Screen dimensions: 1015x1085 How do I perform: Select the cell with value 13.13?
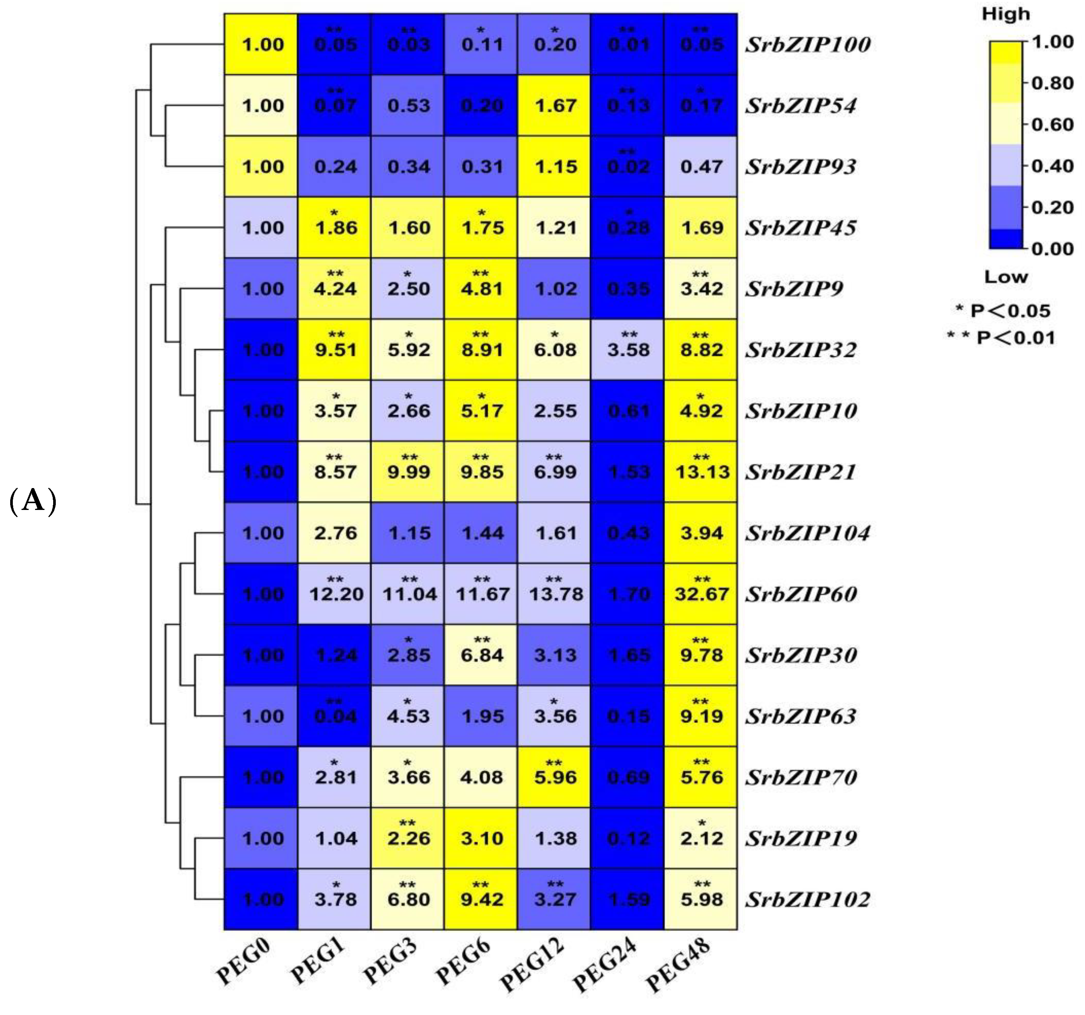[x=701, y=472]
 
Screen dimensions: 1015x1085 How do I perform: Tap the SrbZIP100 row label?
[x=808, y=45]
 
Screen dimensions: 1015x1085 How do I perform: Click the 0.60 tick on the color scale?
[x=1052, y=124]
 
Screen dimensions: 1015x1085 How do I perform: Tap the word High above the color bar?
[x=1005, y=14]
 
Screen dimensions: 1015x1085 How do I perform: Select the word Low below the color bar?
[x=1005, y=277]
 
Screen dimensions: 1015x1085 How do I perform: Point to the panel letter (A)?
[x=33, y=501]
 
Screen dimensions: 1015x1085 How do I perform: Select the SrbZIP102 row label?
[x=808, y=899]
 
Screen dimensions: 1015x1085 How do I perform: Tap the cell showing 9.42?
[x=481, y=899]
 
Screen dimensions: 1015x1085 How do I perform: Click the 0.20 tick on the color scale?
[x=1052, y=207]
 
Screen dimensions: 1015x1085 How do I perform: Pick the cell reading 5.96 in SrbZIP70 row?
[x=555, y=777]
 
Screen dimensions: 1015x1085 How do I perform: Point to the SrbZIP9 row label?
[x=794, y=289]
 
